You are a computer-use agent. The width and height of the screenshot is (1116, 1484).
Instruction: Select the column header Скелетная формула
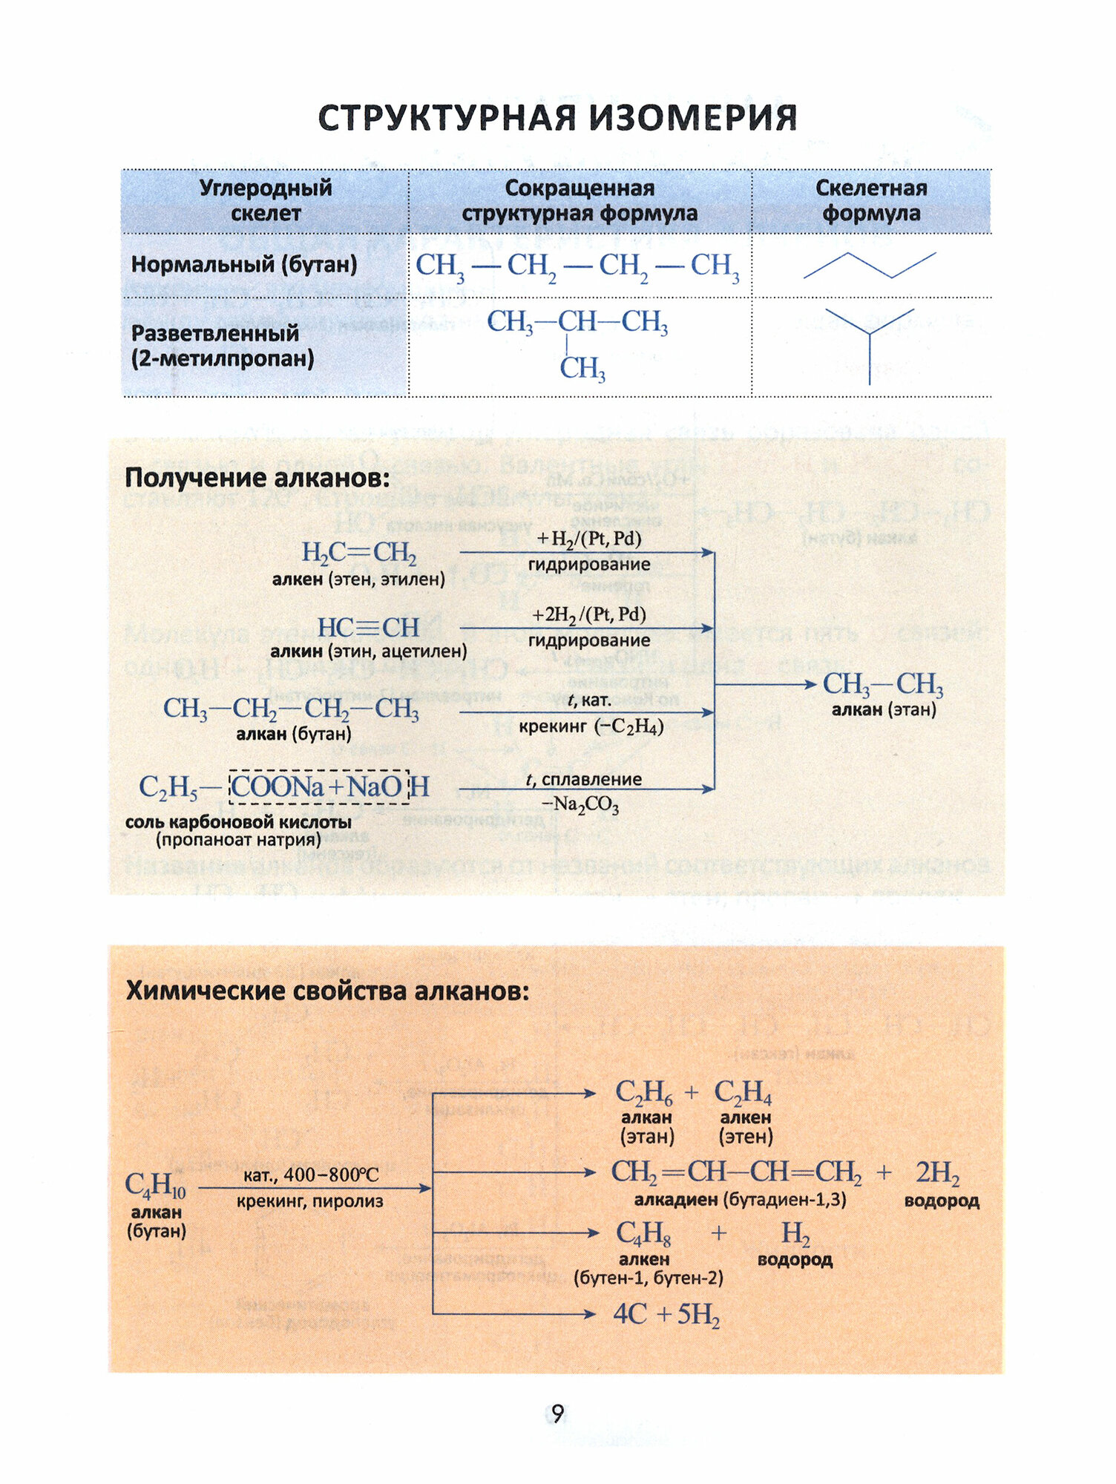tap(871, 200)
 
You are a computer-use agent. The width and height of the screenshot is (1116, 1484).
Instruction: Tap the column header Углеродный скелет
tap(266, 200)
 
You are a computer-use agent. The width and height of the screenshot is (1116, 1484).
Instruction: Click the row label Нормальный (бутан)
tap(244, 264)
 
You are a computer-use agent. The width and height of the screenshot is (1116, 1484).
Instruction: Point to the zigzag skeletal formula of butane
tap(870, 265)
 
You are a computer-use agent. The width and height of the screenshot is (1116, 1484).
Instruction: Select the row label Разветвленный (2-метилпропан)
tap(223, 346)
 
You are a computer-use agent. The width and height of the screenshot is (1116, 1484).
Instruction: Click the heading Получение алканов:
tap(257, 478)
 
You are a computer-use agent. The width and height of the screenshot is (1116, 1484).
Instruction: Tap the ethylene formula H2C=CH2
tap(358, 553)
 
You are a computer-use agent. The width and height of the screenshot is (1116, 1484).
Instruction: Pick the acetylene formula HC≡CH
tap(368, 628)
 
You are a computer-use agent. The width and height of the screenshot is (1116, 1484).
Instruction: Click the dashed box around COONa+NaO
tap(319, 787)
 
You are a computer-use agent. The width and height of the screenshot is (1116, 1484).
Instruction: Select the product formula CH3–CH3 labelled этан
tap(883, 684)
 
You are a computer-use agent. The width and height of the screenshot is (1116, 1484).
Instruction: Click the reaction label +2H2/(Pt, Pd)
tap(589, 615)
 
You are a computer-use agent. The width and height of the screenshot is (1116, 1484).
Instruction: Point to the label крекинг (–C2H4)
tap(591, 726)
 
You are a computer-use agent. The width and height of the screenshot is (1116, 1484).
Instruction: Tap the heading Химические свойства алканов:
tap(327, 991)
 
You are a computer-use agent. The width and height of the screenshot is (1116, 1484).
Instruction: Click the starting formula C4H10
tap(155, 1185)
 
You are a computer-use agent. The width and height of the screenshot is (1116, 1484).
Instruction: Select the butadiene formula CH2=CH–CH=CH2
tap(736, 1172)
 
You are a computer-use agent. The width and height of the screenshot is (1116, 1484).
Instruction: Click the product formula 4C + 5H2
tap(666, 1314)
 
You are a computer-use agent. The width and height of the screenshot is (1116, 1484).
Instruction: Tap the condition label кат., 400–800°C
tap(311, 1175)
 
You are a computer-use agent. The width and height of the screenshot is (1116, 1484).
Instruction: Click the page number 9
tap(557, 1413)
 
